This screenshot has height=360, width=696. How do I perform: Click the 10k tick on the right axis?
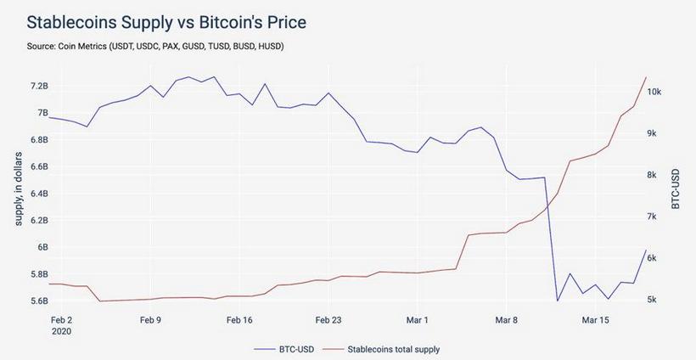[x=660, y=92]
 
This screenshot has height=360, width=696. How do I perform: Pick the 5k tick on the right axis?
[x=658, y=300]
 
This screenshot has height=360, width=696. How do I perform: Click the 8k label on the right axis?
[x=658, y=175]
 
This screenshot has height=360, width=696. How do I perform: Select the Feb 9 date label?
[x=150, y=321]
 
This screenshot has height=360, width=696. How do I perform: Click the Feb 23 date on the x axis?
[x=328, y=321]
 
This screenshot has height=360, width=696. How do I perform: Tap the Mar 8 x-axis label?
[x=506, y=321]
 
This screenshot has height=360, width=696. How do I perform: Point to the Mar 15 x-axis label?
[x=595, y=321]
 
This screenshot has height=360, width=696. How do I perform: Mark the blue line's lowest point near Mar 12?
[x=557, y=301]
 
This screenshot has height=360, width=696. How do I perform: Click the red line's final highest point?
[x=646, y=77]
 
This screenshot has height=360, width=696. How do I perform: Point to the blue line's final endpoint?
[x=646, y=251]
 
